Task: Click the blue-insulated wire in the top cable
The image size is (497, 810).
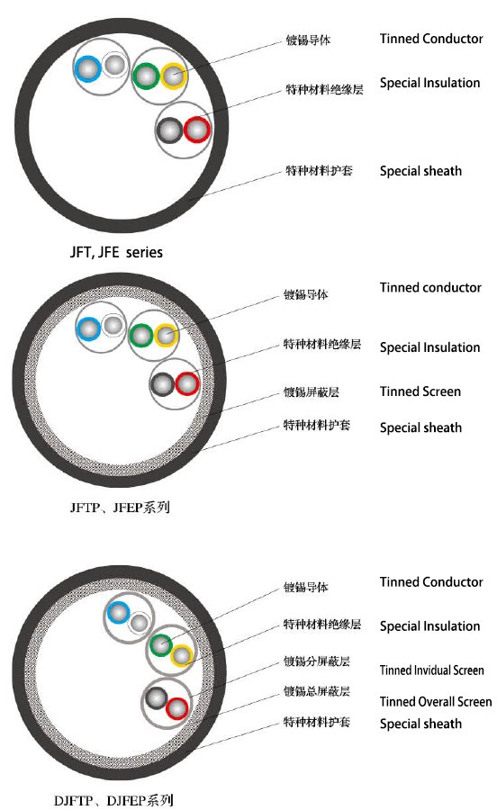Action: click(88, 68)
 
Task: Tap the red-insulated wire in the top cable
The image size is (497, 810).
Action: click(197, 130)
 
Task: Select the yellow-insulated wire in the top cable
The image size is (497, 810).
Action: click(174, 76)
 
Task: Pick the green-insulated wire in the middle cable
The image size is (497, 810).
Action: click(140, 336)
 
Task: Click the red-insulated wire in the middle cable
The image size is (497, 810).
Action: click(187, 384)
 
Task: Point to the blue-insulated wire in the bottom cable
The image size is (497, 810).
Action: click(118, 613)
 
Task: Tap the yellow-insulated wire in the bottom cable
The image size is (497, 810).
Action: click(181, 655)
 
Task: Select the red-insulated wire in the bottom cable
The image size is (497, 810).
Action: click(176, 709)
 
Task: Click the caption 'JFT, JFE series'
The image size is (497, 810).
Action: click(116, 252)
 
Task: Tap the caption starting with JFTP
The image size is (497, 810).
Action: click(120, 508)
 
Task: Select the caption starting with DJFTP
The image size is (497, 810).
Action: click(113, 800)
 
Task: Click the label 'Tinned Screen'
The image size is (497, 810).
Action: click(420, 391)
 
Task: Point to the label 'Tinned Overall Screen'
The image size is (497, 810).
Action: click(436, 701)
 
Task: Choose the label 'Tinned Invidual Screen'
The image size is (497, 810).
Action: click(432, 670)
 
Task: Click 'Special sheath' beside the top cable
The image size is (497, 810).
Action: click(420, 171)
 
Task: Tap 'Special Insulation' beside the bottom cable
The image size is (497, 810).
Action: click(429, 626)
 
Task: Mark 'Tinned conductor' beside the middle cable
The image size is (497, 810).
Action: click(430, 287)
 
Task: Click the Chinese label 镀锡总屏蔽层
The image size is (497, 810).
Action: click(316, 691)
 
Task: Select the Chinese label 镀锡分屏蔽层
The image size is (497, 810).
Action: click(316, 661)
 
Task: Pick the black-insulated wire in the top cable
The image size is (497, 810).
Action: click(169, 130)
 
